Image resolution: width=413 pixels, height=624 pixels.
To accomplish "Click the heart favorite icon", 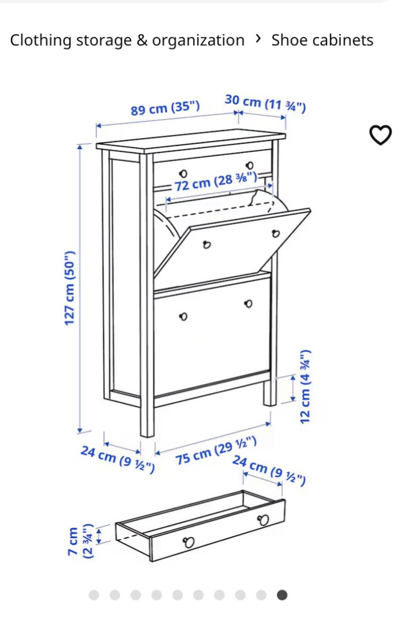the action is pos(381,135).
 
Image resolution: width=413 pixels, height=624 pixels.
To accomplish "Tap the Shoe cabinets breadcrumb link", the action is pos(322,40).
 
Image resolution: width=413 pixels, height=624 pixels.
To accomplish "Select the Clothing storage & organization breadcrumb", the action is pos(127,40).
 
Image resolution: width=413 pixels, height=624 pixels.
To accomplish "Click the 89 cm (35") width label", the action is pos(165,108).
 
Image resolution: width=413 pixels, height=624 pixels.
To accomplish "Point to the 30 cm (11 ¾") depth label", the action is pos(265,103).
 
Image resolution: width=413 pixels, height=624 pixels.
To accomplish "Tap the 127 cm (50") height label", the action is pos(70,288).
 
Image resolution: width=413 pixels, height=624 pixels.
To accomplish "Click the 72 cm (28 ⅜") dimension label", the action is pos(216,181).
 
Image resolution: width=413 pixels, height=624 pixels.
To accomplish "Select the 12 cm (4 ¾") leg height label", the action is pos(305,387).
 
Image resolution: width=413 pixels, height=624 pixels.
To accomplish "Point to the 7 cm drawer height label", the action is pos(73,541).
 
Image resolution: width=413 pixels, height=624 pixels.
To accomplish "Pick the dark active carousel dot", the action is pos(282,595).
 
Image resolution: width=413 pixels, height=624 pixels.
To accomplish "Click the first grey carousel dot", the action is pos(94,595).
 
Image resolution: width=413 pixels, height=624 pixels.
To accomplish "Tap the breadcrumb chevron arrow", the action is pos(258,39).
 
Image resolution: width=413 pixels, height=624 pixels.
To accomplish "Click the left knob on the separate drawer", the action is pos(189,541).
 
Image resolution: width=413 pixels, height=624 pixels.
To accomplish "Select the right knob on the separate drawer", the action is pos(263,520).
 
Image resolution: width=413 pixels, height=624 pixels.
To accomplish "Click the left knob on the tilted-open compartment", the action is pos(206,245).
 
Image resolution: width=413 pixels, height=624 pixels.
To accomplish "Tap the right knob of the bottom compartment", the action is pos(249,304).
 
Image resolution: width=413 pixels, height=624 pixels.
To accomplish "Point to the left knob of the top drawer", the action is pos(183,174).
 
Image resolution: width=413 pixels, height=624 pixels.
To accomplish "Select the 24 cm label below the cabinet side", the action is pos(118,460).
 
